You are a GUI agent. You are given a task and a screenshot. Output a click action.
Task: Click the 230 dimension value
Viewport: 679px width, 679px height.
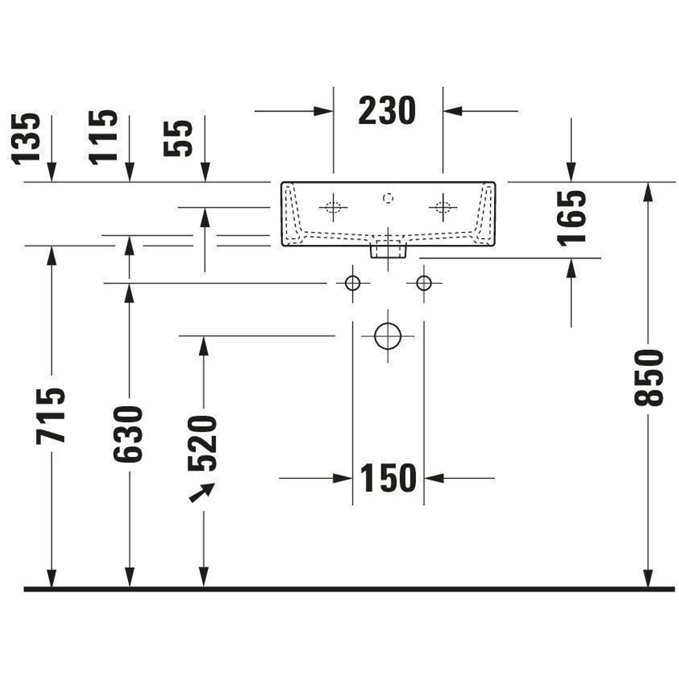point(387,111)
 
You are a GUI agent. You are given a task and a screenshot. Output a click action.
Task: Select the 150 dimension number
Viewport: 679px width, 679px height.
point(388,478)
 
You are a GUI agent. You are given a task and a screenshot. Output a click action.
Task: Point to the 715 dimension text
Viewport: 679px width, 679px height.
point(51,416)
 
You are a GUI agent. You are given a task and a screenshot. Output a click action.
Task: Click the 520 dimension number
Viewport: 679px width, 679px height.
point(203,443)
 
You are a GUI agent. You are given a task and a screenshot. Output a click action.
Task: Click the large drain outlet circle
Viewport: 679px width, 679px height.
point(388,336)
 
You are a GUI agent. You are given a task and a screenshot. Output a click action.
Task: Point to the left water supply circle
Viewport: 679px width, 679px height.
point(352,283)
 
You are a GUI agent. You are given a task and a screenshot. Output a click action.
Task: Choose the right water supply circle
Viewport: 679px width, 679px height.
point(424,283)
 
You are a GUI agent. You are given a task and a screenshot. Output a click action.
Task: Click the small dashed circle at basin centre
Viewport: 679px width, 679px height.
point(388,198)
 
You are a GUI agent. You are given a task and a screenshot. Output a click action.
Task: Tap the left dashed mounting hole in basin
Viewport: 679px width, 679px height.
point(333,207)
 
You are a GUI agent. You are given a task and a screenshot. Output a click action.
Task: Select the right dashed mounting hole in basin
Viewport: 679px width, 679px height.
point(442,207)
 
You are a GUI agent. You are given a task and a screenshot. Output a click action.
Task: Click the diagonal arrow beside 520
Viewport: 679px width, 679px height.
point(202,493)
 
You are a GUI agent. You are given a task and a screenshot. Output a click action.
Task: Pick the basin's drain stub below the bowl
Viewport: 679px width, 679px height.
point(388,250)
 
